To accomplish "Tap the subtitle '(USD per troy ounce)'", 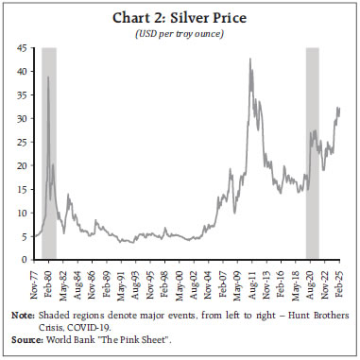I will pyautogui.click(x=180, y=31).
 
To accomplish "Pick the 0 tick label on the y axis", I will pyautogui.click(x=25, y=260).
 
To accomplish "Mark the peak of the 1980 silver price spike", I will pyautogui.click(x=48, y=77).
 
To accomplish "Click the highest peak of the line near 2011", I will pyautogui.click(x=249, y=60).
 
